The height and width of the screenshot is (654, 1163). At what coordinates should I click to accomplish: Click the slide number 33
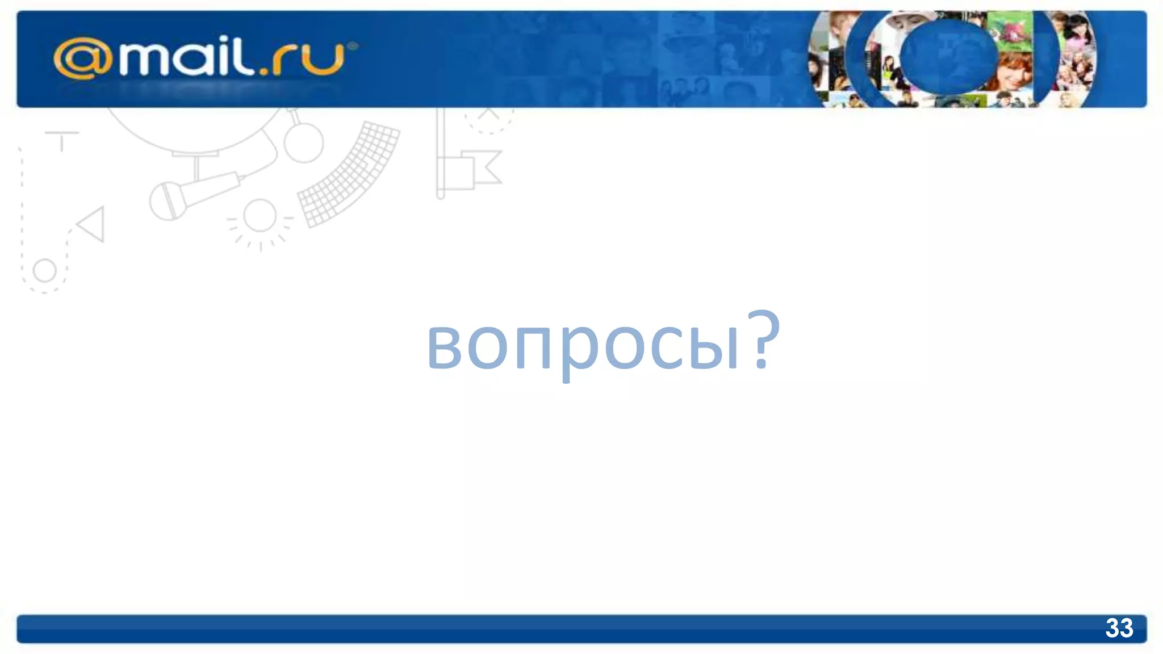click(x=1119, y=628)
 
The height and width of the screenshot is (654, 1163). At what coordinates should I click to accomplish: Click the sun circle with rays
click(x=260, y=216)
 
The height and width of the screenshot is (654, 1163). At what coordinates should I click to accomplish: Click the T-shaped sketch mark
click(x=62, y=139)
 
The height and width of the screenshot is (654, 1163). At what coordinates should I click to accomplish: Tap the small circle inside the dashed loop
click(x=44, y=271)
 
